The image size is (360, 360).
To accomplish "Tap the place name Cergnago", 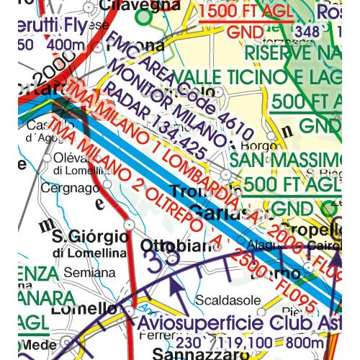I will (63, 187).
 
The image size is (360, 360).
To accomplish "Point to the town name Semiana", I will (89, 274).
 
